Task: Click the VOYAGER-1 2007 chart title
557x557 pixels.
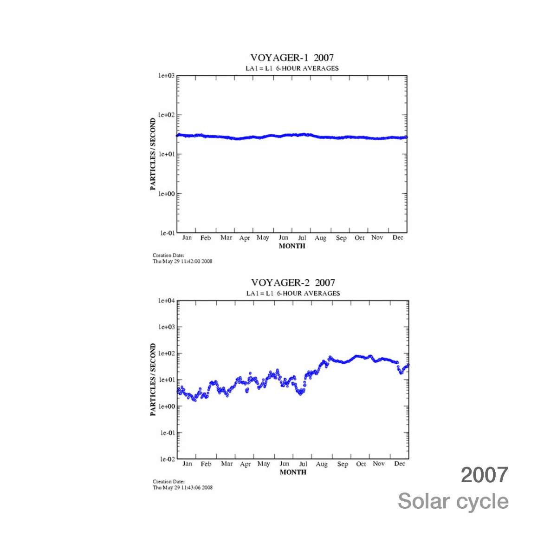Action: (x=292, y=58)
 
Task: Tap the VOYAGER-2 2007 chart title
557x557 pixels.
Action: (x=293, y=282)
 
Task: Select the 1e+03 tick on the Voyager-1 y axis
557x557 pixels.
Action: (x=166, y=75)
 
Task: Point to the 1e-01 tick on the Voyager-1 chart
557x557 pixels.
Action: (x=168, y=233)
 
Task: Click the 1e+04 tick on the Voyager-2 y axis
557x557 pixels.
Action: (x=167, y=301)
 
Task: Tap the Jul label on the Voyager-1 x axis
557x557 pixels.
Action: (x=302, y=237)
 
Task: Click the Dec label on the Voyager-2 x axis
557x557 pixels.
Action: (x=400, y=464)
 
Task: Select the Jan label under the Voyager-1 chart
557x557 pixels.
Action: (x=187, y=237)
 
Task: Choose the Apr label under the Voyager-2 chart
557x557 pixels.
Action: (x=245, y=464)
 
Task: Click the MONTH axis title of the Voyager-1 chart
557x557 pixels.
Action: (x=292, y=246)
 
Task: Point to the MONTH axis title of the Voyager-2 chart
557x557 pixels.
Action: (x=293, y=472)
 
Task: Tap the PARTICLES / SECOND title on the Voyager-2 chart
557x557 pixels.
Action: (x=153, y=380)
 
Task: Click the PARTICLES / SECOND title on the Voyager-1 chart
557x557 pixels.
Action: (x=153, y=154)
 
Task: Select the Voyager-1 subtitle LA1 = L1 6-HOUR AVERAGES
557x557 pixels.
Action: (x=292, y=68)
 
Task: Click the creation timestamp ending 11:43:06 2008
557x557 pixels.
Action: (x=183, y=487)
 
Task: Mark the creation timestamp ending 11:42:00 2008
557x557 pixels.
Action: (x=182, y=261)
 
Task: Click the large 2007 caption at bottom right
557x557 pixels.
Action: (x=484, y=475)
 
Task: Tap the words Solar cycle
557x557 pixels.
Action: (x=453, y=501)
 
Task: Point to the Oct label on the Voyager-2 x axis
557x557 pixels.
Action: (x=361, y=464)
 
